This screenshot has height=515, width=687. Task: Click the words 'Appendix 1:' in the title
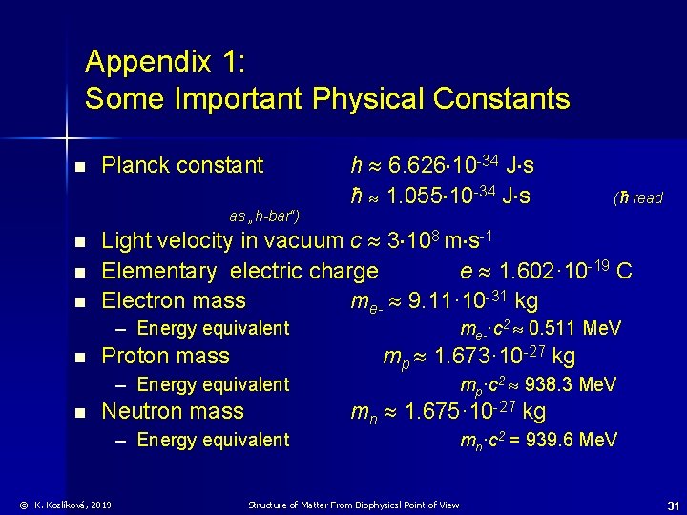pos(164,63)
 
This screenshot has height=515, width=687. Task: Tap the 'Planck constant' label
pos(182,166)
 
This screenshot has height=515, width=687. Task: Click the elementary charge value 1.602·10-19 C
pos(557,271)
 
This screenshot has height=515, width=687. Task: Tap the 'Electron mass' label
pos(174,301)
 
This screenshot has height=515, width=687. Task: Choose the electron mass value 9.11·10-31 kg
pos(473,301)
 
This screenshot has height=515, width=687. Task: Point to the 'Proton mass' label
pos(165,357)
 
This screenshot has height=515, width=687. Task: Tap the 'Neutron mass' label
pos(172,412)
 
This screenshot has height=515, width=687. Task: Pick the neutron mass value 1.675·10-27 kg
pos(474,413)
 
